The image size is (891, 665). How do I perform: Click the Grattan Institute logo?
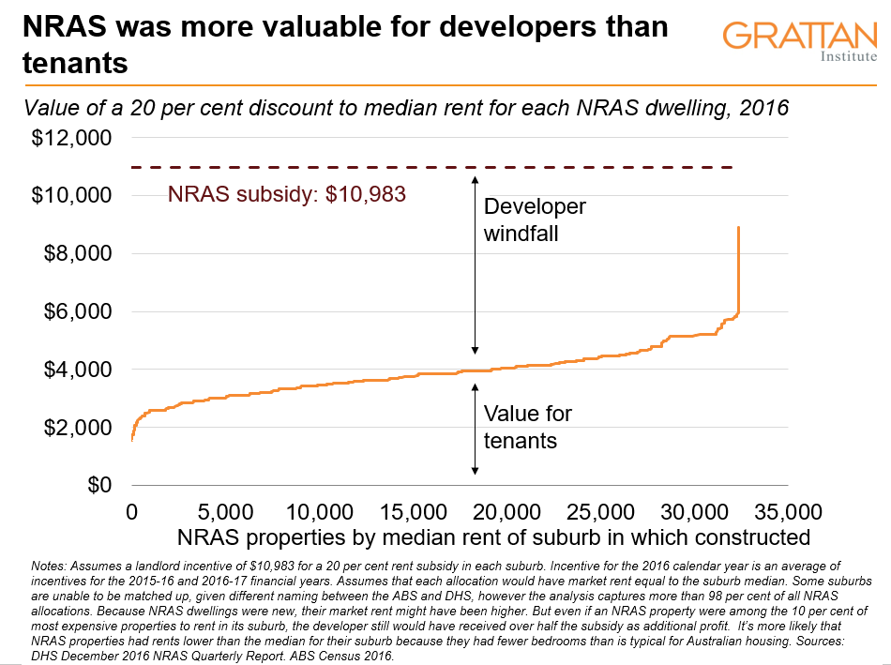800,42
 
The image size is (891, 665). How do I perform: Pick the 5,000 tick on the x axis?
226,512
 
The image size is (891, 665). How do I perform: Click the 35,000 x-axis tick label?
785,512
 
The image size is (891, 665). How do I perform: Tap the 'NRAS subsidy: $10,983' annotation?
287,196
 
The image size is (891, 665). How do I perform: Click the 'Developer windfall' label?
534,219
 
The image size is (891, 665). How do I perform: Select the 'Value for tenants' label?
527,427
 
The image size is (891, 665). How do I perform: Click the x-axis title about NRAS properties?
491,537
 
